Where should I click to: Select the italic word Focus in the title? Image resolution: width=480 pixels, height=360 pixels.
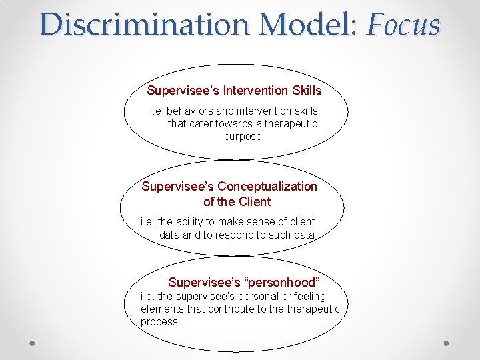[404, 25]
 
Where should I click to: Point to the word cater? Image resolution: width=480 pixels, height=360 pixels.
[203, 123]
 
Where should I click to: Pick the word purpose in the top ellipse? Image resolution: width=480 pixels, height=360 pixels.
[243, 136]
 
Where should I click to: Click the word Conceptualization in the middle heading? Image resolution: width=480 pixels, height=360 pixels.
[267, 186]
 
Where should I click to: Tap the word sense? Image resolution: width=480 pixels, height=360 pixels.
[267, 221]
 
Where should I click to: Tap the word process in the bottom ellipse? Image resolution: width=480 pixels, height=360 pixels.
[160, 321]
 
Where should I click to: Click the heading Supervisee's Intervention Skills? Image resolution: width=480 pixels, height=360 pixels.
[234, 90]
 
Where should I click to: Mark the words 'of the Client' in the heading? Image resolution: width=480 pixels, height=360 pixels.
[237, 201]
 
